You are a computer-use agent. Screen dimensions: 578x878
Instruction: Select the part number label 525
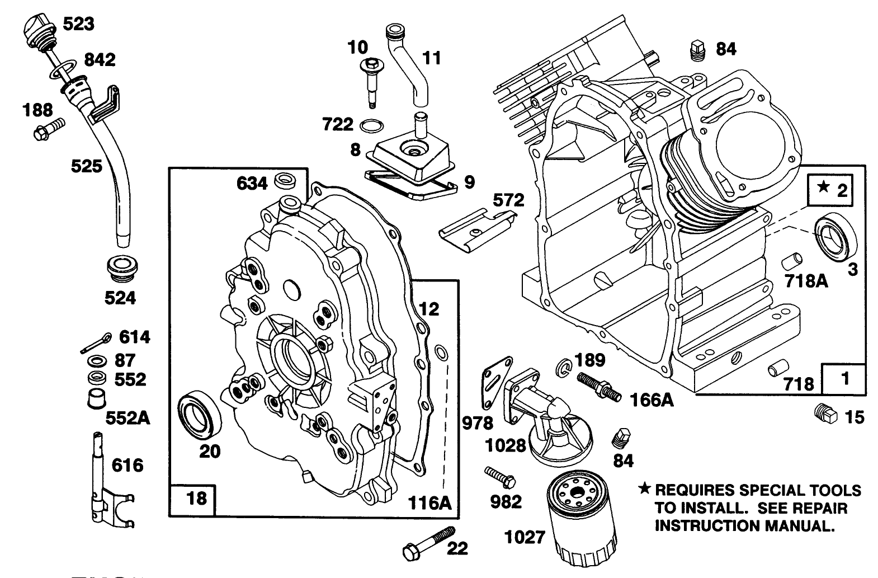(86, 166)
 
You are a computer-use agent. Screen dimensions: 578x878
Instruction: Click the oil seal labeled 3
(835, 238)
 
